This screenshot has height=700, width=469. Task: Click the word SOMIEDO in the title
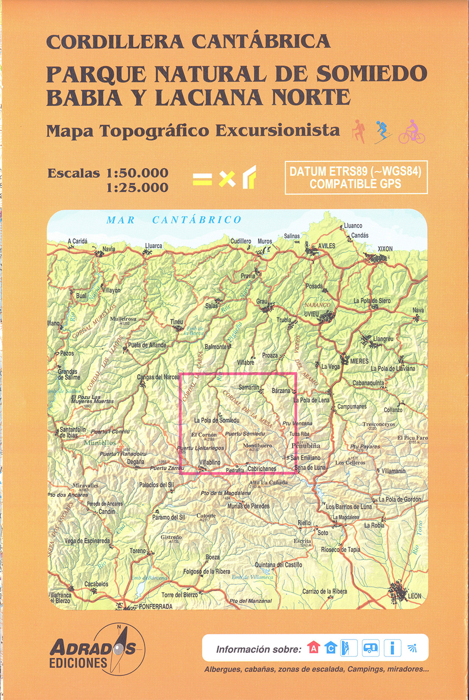(371, 74)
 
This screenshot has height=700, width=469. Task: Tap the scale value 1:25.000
(137, 187)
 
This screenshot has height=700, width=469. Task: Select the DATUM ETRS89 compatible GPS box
(356, 177)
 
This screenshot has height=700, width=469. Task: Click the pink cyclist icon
(412, 132)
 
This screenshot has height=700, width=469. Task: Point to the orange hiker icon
(359, 132)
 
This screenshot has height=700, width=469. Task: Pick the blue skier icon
(383, 132)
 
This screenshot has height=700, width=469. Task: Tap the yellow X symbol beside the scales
(227, 179)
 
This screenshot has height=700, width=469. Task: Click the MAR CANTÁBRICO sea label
(174, 220)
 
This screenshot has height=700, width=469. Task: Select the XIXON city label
(385, 249)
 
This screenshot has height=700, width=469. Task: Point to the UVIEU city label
(311, 314)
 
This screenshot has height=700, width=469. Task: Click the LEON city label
(414, 596)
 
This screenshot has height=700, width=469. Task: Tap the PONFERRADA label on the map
(155, 606)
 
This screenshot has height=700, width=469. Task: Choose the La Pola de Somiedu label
(217, 420)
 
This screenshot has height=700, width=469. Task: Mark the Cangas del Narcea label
(158, 377)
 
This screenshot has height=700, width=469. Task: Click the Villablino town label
(210, 462)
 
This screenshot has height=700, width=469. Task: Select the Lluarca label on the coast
(153, 246)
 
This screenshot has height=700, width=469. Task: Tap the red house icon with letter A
(313, 648)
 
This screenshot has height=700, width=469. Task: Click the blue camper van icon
(370, 648)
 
